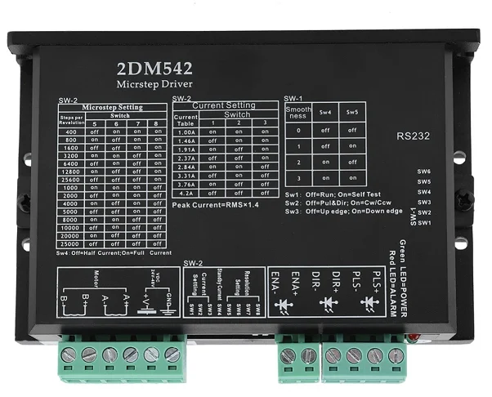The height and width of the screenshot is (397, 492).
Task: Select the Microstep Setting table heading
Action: coord(113,107)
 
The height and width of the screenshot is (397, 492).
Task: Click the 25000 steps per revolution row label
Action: coord(70,243)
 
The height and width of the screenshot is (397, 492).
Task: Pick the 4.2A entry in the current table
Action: coord(186,193)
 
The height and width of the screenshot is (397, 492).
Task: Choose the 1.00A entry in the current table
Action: coord(186,131)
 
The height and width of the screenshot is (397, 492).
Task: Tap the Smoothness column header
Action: coord(298,112)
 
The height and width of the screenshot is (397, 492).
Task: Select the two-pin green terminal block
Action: coord(297,357)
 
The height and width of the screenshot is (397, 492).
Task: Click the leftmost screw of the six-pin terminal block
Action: coord(69,355)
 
